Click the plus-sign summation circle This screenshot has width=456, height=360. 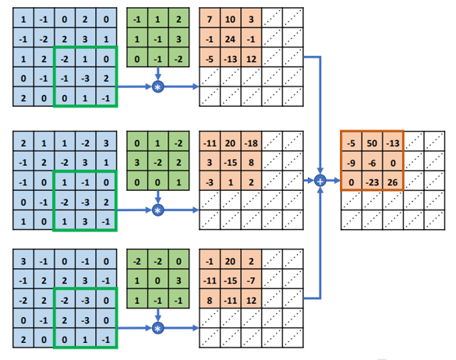click(320, 181)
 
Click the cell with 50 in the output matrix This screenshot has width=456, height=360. click(373, 143)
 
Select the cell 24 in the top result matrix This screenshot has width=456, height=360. click(232, 38)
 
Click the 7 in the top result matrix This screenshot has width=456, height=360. click(210, 18)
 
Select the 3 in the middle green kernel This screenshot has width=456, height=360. click(137, 162)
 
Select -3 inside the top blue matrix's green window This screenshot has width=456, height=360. click(85, 79)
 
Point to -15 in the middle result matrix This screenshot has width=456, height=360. click(232, 162)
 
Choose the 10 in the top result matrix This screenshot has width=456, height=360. click(232, 18)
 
